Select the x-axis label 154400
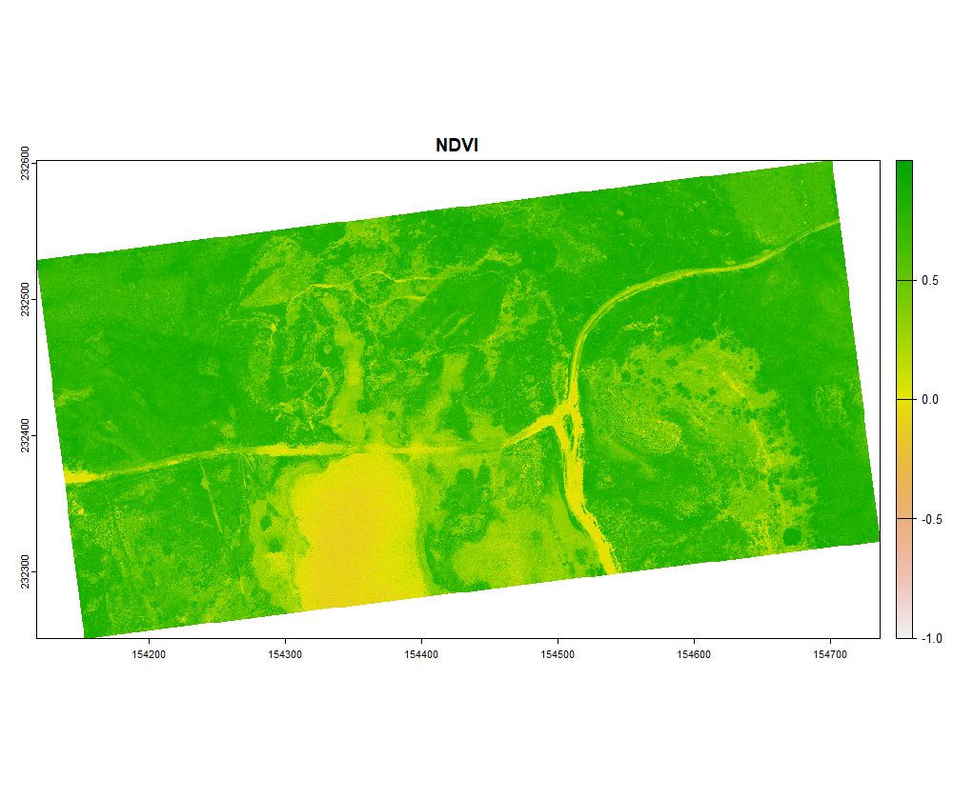[x=421, y=654]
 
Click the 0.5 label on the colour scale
[x=931, y=281]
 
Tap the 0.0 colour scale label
[x=931, y=400]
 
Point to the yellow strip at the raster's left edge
[x=81, y=475]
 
